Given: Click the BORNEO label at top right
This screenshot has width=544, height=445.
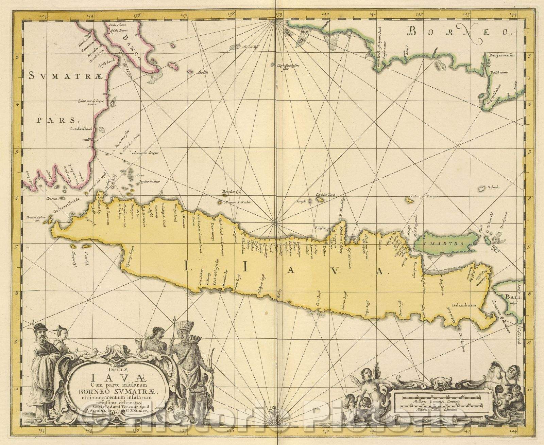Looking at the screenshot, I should click(460, 33).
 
